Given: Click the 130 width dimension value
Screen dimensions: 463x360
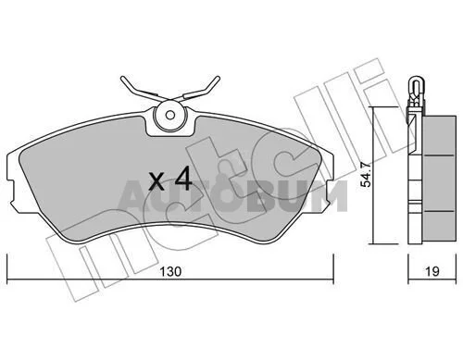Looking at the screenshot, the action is pyautogui.click(x=170, y=272).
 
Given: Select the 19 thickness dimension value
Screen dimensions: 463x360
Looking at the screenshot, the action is pyautogui.click(x=432, y=272).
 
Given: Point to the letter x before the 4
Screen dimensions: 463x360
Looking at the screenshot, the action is pyautogui.click(x=156, y=182).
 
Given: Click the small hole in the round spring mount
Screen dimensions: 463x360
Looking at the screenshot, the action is pyautogui.click(x=170, y=115).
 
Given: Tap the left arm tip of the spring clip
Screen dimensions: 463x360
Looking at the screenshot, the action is pyautogui.click(x=122, y=79).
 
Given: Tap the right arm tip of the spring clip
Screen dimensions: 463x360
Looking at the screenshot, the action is pyautogui.click(x=219, y=78).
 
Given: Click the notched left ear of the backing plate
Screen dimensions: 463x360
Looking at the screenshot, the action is pyautogui.click(x=11, y=192).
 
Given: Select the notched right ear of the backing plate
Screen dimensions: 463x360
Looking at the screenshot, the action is pyautogui.click(x=329, y=192).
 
